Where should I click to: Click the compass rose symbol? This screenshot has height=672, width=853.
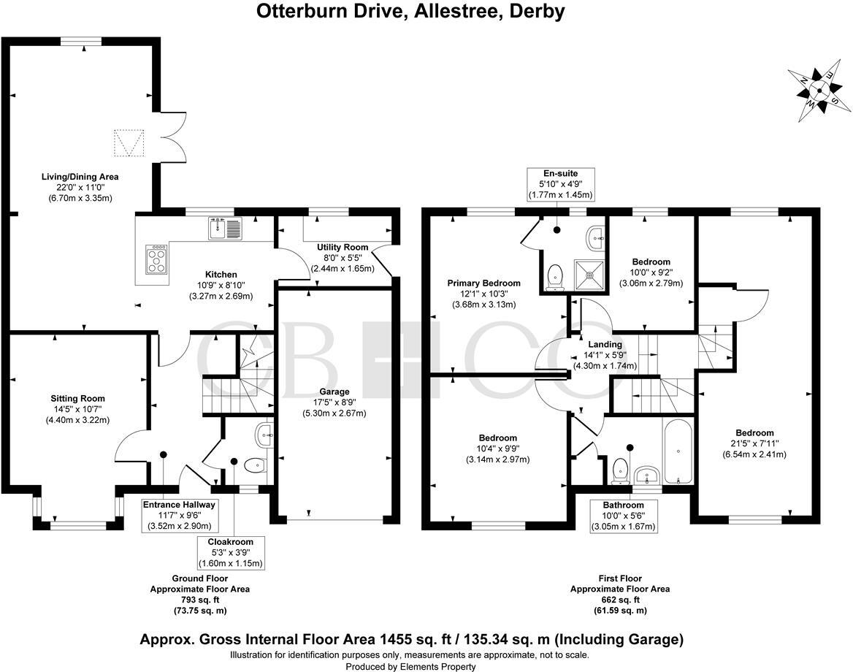tap(819, 90)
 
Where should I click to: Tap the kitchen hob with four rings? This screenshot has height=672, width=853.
tap(156, 259)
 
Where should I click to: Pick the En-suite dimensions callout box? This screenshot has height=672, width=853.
tap(560, 184)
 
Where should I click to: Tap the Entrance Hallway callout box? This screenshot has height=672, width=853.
tap(179, 515)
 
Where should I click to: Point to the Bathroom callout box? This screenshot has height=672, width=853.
tap(623, 516)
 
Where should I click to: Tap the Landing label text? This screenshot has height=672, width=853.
tap(605, 345)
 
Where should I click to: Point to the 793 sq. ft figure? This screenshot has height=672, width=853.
tap(199, 599)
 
